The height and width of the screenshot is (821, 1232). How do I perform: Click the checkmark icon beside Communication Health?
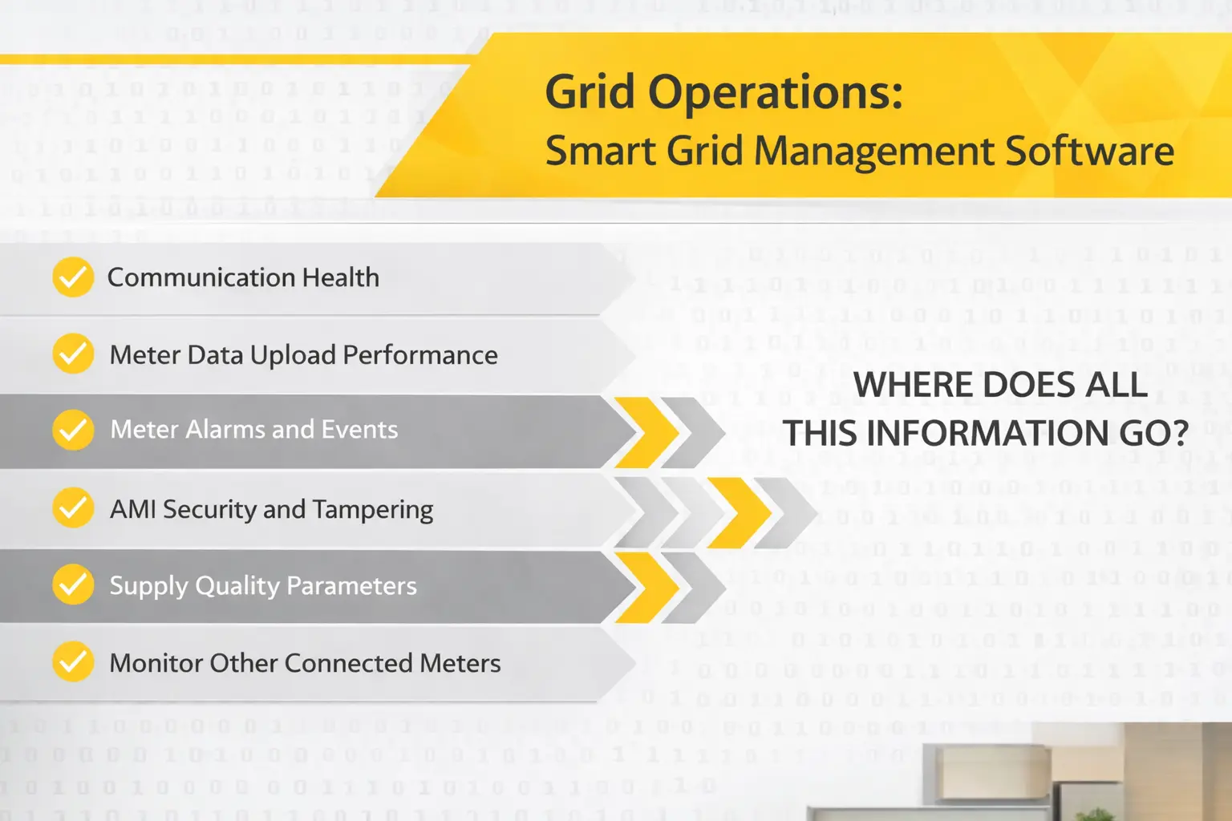[x=73, y=277]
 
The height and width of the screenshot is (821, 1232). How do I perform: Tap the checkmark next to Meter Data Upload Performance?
[x=73, y=354]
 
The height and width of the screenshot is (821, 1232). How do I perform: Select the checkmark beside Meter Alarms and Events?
[x=73, y=430]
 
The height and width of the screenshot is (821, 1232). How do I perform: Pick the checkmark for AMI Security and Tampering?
[x=73, y=508]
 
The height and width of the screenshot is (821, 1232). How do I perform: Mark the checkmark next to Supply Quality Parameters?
[x=73, y=585]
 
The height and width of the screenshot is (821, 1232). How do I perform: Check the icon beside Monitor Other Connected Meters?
[x=73, y=662]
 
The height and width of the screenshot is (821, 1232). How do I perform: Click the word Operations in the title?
[x=775, y=93]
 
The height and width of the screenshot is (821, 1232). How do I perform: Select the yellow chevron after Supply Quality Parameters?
[x=650, y=587]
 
